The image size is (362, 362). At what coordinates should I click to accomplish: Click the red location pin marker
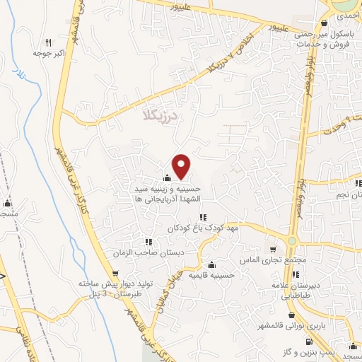point(182,165)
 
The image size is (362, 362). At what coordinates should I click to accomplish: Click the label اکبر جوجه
point(48,53)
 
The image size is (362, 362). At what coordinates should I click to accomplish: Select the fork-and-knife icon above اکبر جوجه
point(48,42)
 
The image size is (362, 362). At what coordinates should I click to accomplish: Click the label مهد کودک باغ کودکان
point(203,228)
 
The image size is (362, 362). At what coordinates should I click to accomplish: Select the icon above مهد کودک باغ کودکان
point(203,217)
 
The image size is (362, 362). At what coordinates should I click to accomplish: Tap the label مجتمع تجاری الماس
point(275,260)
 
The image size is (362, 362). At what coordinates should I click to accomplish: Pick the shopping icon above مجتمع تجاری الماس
point(275,250)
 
